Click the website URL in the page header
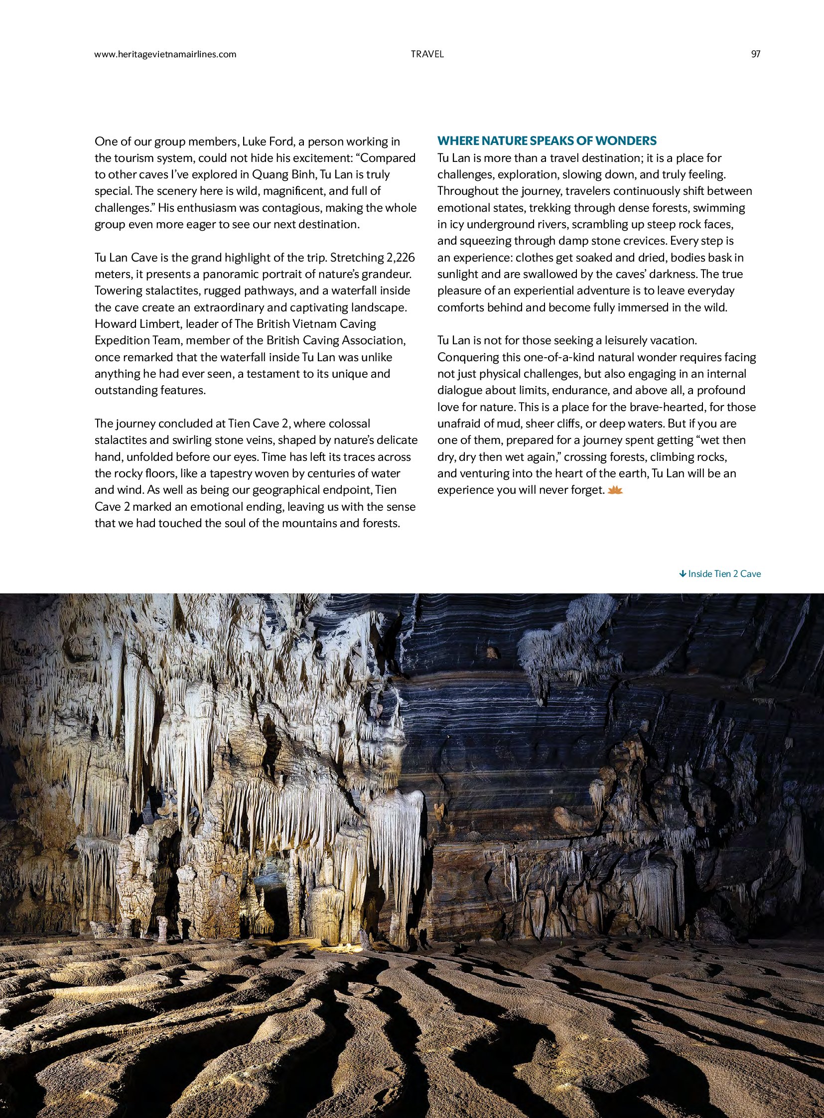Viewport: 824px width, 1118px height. tap(165, 54)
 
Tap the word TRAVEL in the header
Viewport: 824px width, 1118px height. tap(427, 54)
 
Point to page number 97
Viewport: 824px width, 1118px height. tap(755, 54)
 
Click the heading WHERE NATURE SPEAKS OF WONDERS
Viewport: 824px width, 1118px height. tap(547, 140)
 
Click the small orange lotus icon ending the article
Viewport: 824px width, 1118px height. tap(615, 490)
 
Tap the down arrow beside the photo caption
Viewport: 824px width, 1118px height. tap(683, 574)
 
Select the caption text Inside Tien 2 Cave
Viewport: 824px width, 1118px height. tap(724, 574)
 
